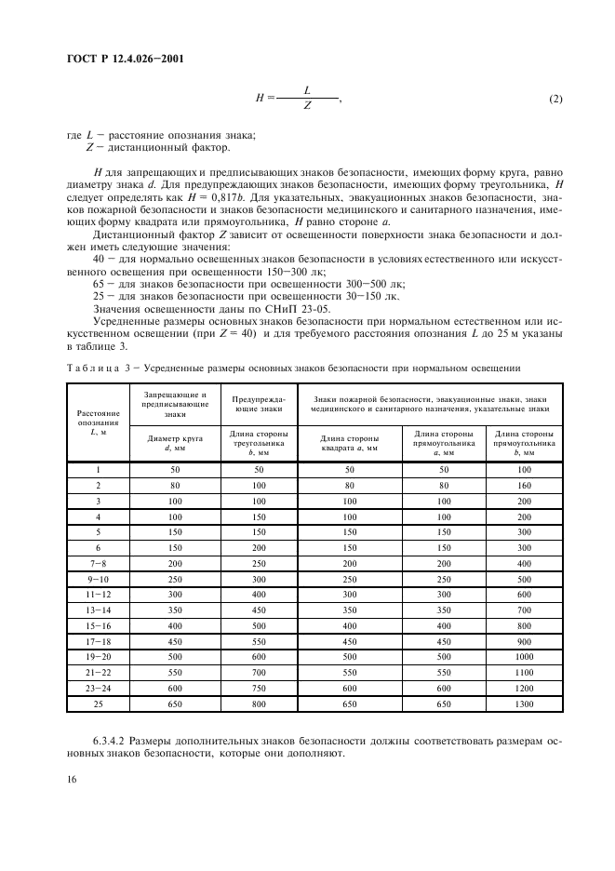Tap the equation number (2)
[555, 100]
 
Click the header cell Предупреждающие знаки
[258, 402]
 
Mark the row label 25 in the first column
[98, 705]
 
